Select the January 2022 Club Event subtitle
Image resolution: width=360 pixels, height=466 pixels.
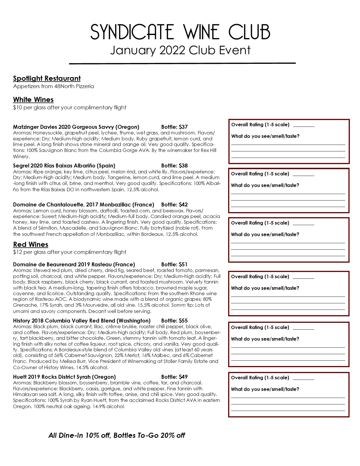pyautogui.click(x=180, y=50)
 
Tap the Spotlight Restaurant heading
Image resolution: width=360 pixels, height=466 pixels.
pyautogui.click(x=47, y=79)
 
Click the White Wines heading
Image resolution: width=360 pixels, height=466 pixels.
pyautogui.click(x=33, y=100)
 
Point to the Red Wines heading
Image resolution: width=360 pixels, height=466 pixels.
pyautogui.click(x=30, y=245)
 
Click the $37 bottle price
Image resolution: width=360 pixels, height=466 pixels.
pyautogui.click(x=183, y=127)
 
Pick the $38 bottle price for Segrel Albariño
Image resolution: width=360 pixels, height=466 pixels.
pyautogui.click(x=183, y=166)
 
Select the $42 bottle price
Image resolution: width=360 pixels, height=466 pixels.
pyautogui.click(x=183, y=205)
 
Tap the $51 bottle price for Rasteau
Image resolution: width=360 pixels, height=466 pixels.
pyautogui.click(x=183, y=265)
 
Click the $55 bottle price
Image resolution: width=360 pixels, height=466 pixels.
pyautogui.click(x=183, y=321)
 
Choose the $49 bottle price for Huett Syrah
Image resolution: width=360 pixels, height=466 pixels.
pyautogui.click(x=183, y=377)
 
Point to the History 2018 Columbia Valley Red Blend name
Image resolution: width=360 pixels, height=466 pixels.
pyautogui.click(x=82, y=321)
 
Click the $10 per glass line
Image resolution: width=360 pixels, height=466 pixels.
pyautogui.click(x=69, y=108)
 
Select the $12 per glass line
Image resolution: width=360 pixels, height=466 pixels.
pyautogui.click(x=69, y=252)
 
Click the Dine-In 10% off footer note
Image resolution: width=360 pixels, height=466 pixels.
pyautogui.click(x=117, y=435)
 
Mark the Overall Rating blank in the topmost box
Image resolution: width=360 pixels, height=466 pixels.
pyautogui.click(x=304, y=125)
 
